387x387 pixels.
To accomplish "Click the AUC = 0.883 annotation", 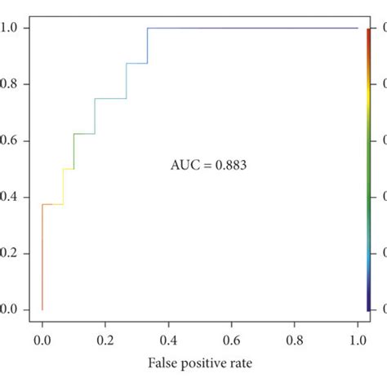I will point(208,165).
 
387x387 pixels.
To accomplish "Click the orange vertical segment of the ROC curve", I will point(42,261).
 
